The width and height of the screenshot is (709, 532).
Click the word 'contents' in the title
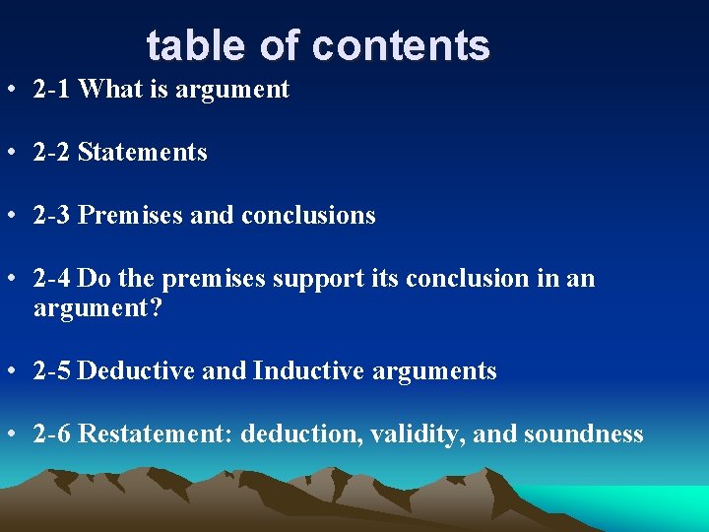402,45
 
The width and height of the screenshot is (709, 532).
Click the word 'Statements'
142,153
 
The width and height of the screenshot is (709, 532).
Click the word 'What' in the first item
105,90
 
